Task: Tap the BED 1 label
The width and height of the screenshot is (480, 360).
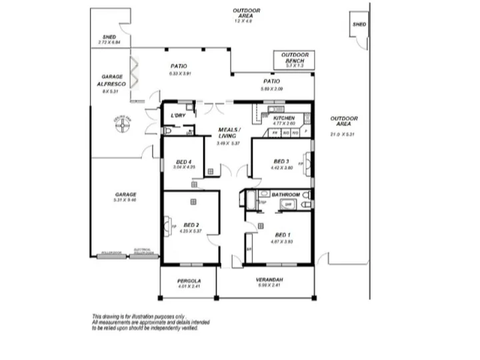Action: tap(283, 235)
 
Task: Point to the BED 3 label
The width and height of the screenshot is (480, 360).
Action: tap(281, 161)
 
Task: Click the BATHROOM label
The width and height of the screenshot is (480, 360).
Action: tap(285, 195)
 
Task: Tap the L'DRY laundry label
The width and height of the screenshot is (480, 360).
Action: tap(178, 116)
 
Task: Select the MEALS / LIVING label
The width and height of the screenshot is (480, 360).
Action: tap(230, 133)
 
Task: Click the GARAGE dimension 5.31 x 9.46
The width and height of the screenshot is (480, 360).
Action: tap(125, 199)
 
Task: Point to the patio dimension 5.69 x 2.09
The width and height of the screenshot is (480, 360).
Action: tap(271, 88)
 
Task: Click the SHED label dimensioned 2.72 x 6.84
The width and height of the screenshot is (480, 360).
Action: tap(110, 37)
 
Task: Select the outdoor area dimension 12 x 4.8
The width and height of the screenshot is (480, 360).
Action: tap(246, 21)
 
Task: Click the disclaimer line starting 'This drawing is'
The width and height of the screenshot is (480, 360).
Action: tap(139, 317)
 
